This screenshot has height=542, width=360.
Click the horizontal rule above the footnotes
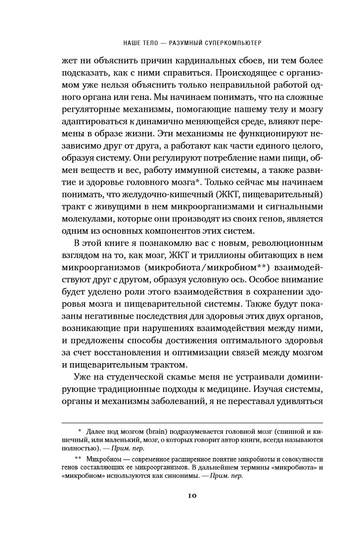tap(192, 423)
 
